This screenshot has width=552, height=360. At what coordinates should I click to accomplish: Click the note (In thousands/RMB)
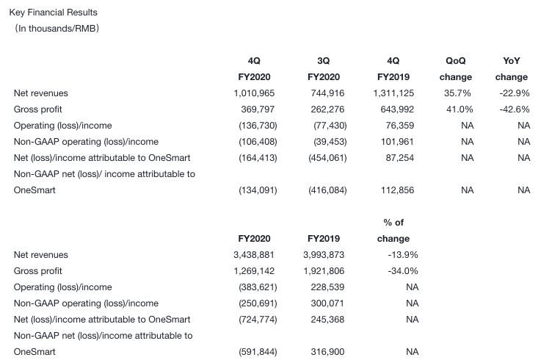(x=57, y=29)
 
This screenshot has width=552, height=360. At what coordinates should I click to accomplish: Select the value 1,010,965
(x=252, y=93)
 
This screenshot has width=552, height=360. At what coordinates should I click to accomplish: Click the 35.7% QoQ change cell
(x=458, y=93)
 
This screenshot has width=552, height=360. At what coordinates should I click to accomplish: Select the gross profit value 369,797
(x=255, y=109)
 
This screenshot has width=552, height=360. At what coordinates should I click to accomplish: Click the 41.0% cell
(x=458, y=109)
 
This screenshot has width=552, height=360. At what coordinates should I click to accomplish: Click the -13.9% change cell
(x=402, y=255)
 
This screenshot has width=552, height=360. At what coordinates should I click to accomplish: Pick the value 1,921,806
(x=322, y=271)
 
